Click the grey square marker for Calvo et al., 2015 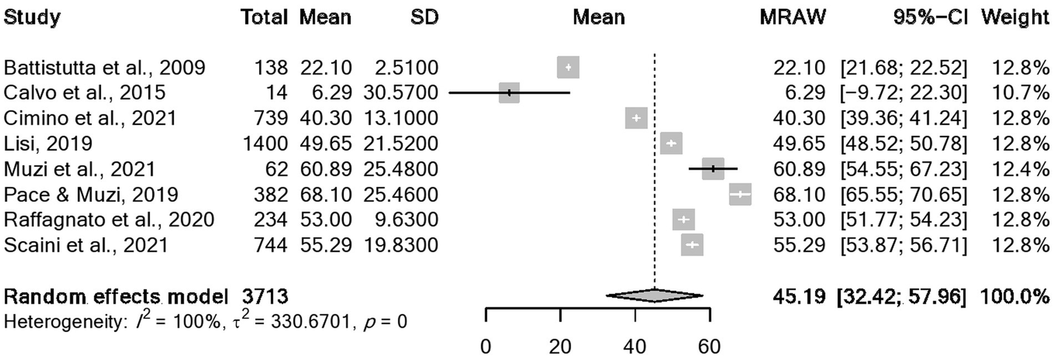click(x=509, y=93)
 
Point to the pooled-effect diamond click(x=654, y=295)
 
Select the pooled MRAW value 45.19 click(x=791, y=297)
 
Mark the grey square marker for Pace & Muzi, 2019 click(x=740, y=194)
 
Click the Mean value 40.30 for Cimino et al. click(x=325, y=118)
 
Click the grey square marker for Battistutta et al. click(x=568, y=67)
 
